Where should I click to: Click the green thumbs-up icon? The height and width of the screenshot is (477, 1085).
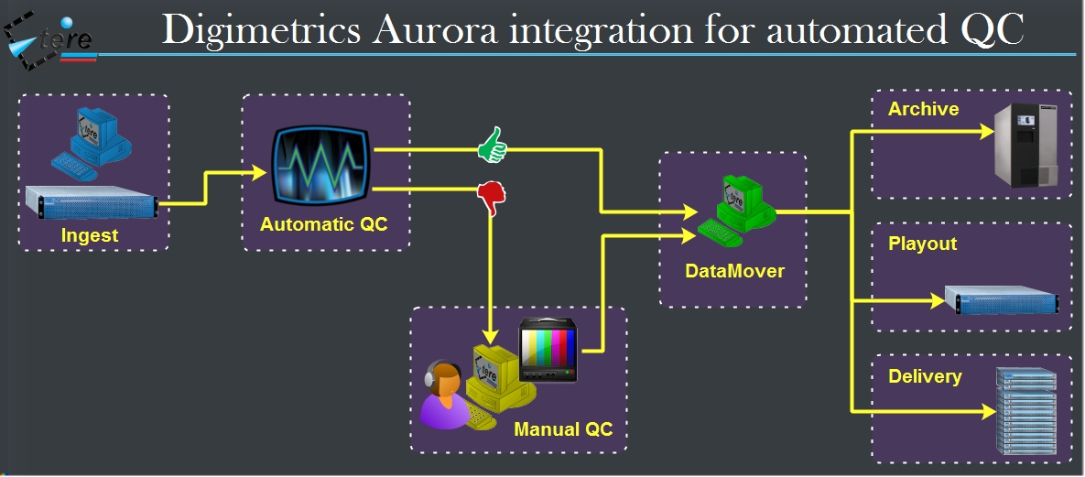[492, 145]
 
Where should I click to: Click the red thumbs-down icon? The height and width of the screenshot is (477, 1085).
[492, 196]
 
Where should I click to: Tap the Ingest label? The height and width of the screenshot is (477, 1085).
[90, 235]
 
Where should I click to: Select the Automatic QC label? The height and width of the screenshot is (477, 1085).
[324, 223]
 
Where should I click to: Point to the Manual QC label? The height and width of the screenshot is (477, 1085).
[563, 428]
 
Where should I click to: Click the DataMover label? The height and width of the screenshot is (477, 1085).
[734, 271]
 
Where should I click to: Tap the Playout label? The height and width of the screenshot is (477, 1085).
[922, 244]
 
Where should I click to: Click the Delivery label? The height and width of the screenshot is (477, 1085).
[925, 376]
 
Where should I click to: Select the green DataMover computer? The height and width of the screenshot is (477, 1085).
[738, 211]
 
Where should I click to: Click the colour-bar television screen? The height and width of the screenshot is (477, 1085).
[548, 350]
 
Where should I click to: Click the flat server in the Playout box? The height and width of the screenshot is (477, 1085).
[1002, 299]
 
